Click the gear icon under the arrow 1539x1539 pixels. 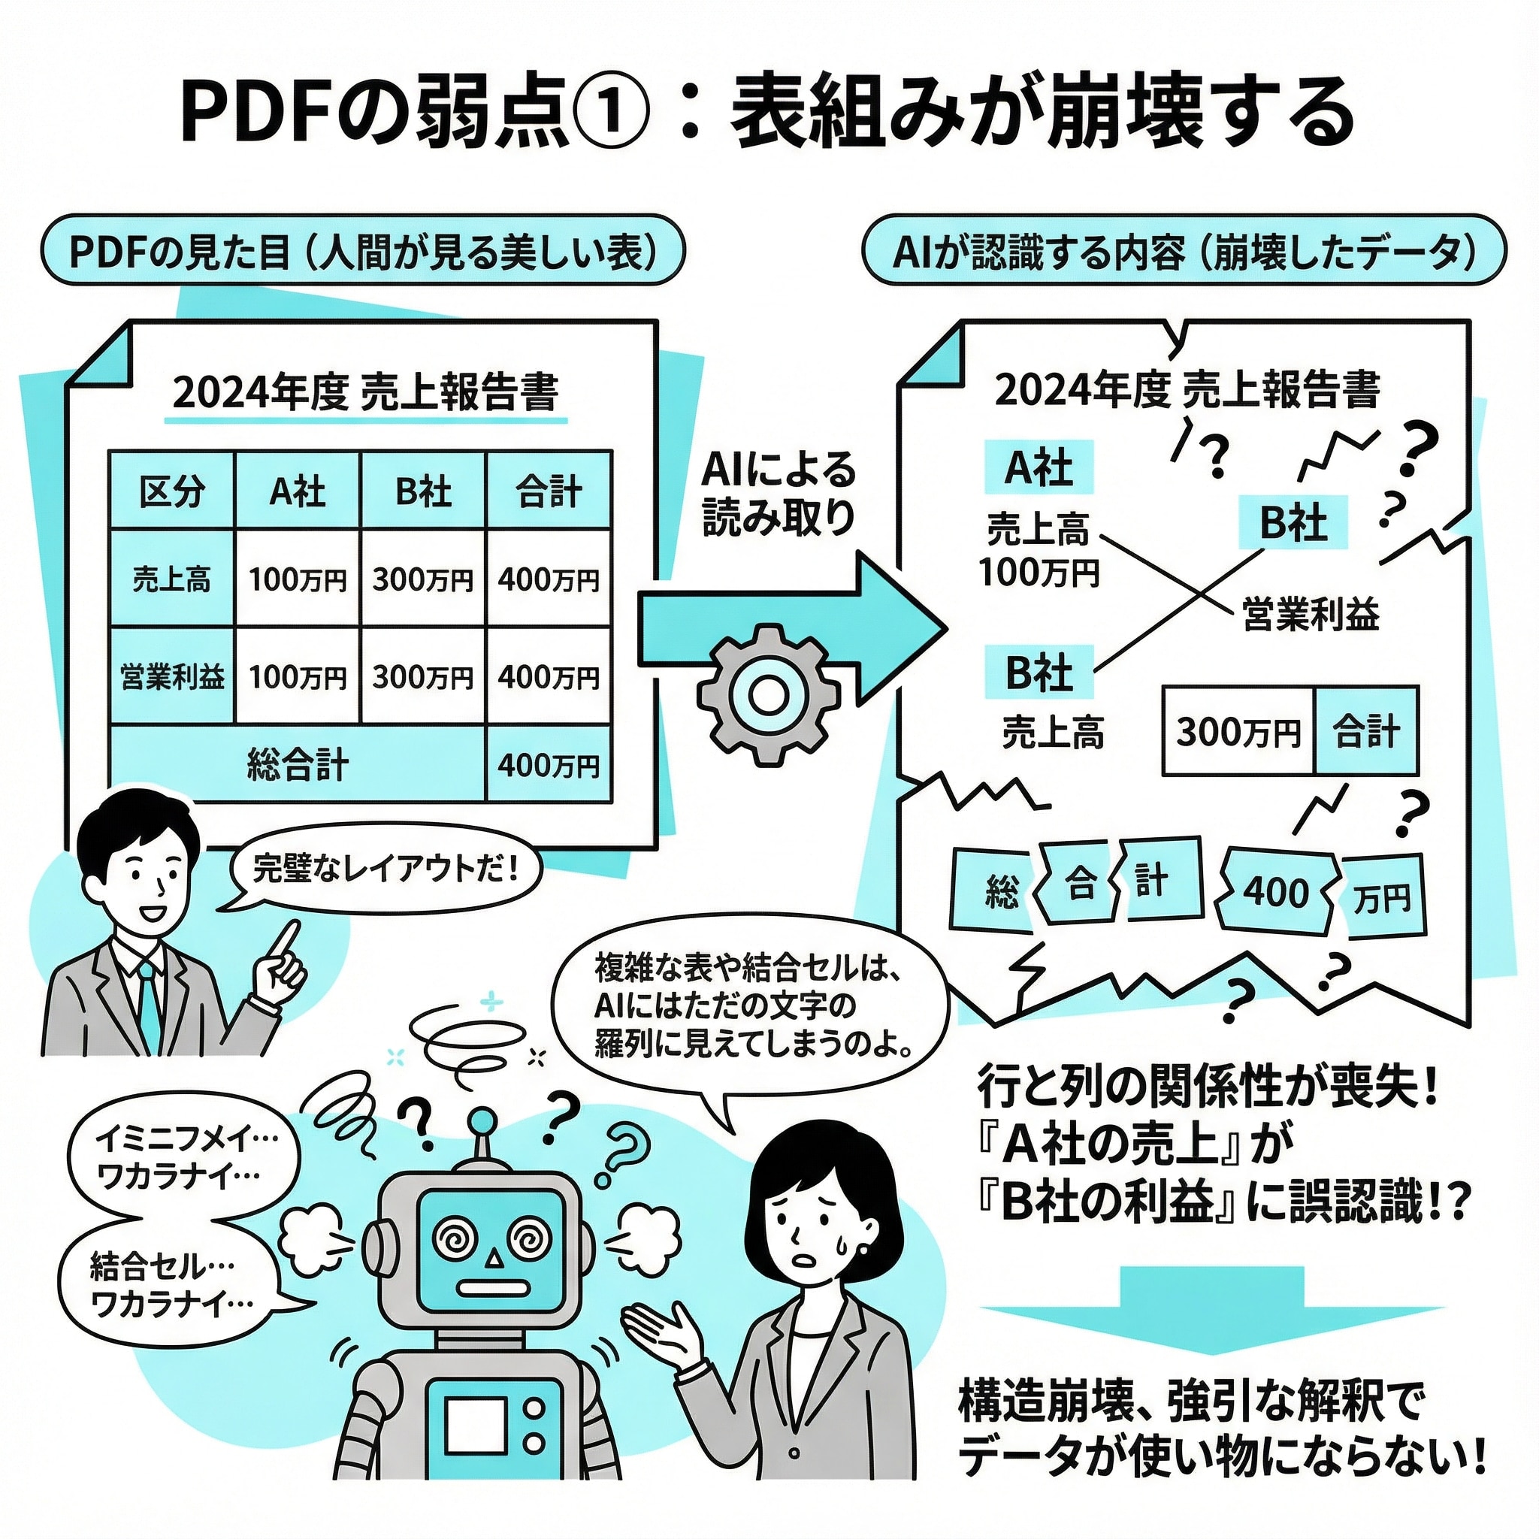[x=768, y=695]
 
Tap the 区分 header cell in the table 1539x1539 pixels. [x=172, y=491]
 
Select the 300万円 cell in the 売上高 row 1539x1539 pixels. [x=423, y=579]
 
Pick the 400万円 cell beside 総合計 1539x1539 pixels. [x=548, y=766]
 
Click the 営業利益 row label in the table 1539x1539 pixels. [x=172, y=676]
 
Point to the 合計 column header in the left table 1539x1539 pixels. [x=548, y=491]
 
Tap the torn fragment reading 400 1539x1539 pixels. [x=1276, y=892]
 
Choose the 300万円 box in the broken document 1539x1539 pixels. [x=1238, y=731]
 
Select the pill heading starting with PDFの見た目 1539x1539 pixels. [x=362, y=250]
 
